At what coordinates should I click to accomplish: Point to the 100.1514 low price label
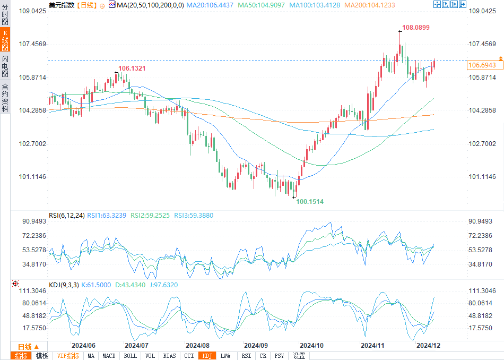coord(309,202)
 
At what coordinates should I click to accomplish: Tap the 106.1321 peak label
coord(132,68)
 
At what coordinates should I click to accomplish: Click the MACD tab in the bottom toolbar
coord(109,356)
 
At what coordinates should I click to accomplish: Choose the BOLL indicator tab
coord(130,356)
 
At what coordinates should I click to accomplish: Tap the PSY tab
coord(279,356)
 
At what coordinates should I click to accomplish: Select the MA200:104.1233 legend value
coord(370,5)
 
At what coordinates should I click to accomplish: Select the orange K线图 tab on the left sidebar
coord(5,40)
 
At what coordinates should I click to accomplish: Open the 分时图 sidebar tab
coord(5,14)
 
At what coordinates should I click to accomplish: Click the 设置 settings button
coord(299,356)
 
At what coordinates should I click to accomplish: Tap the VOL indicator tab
coord(150,356)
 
